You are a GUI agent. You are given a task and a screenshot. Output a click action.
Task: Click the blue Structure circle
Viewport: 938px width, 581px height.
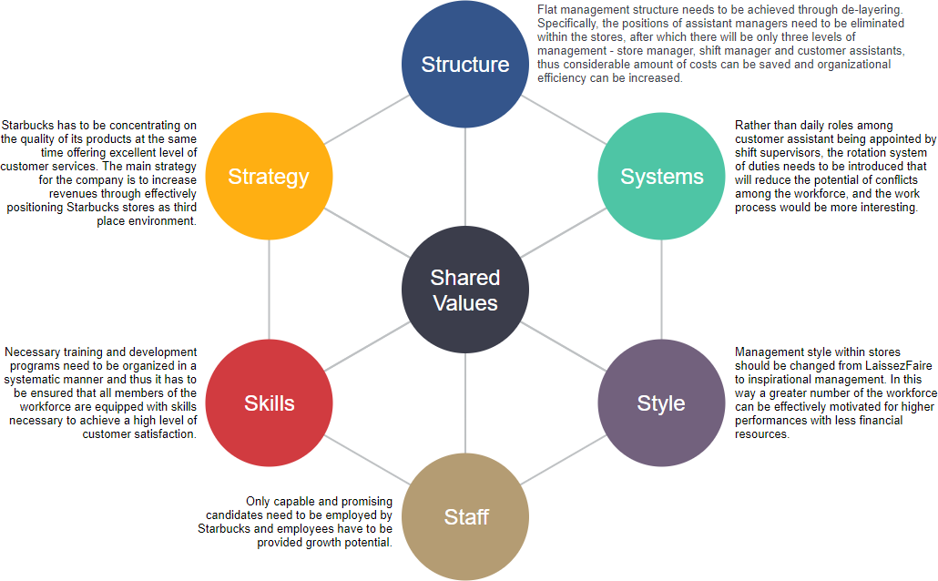pyautogui.click(x=464, y=65)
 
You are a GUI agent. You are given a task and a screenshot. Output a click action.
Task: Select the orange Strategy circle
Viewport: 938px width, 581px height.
pyautogui.click(x=269, y=177)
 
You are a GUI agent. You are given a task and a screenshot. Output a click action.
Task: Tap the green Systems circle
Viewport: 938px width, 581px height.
pyautogui.click(x=661, y=177)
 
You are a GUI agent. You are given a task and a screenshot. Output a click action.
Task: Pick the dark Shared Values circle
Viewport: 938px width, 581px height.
pyautogui.click(x=464, y=290)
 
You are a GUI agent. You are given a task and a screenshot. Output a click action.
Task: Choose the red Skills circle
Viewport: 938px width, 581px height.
pyautogui.click(x=269, y=403)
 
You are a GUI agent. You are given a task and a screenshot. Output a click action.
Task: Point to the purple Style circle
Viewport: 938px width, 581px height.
pyautogui.click(x=661, y=403)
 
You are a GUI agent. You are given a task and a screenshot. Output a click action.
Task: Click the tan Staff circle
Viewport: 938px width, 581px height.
pyautogui.click(x=465, y=516)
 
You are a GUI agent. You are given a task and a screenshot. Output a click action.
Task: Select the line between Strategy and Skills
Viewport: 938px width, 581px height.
pyautogui.click(x=270, y=290)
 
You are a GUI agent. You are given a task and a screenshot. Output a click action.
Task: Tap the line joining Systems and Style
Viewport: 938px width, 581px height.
pyautogui.click(x=661, y=290)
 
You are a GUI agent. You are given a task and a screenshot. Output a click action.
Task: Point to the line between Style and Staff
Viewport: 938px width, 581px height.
pyautogui.click(x=565, y=460)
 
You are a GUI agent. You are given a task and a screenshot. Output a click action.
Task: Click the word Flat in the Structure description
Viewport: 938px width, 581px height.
pyautogui.click(x=548, y=10)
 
